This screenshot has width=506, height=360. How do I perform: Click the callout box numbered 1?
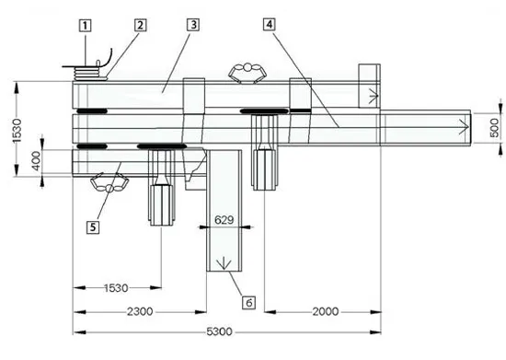tap(86, 26)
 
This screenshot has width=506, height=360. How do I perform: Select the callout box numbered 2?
tap(140, 25)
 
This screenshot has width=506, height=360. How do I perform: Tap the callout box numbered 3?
tap(193, 25)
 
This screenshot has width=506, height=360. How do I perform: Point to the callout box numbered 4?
tap(270, 24)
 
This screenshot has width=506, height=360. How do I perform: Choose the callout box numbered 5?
tap(93, 227)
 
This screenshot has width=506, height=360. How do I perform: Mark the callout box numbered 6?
tap(249, 303)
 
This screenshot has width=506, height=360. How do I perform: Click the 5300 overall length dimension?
tap(220, 331)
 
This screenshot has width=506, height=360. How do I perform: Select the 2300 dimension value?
tap(140, 311)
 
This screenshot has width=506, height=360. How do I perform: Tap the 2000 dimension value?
tap(326, 311)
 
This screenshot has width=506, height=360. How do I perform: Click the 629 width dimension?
tap(224, 220)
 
